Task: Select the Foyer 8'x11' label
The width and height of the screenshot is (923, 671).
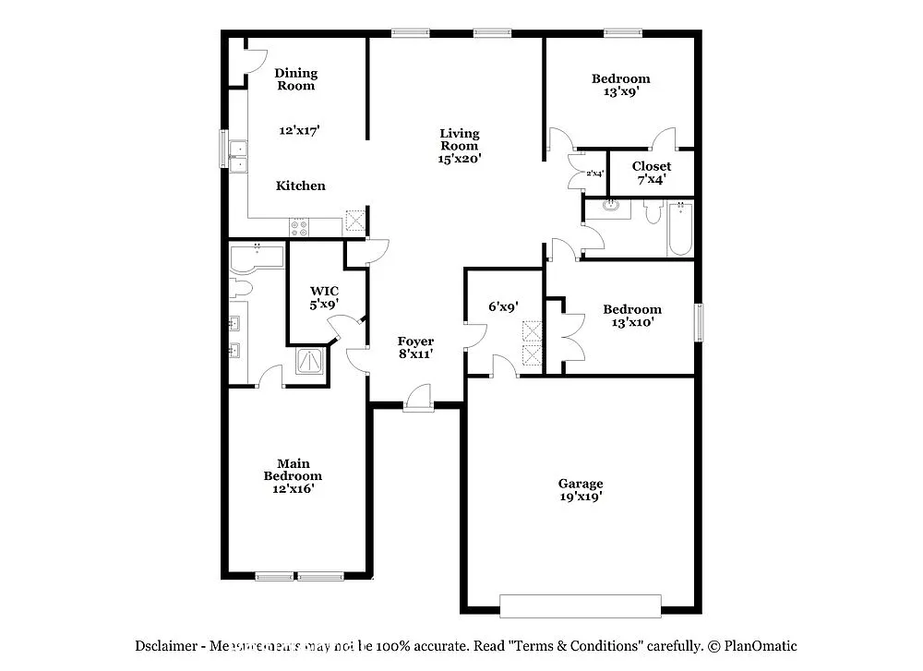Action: (x=415, y=347)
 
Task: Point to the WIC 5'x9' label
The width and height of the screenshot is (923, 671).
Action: (x=323, y=296)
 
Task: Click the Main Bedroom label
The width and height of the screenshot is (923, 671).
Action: (x=293, y=476)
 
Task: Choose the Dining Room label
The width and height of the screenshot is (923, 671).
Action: (x=295, y=79)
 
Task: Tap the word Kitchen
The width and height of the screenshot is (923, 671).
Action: (x=301, y=186)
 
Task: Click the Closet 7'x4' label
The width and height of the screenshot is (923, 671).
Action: (x=651, y=173)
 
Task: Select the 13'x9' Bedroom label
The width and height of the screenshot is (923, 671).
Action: (x=620, y=85)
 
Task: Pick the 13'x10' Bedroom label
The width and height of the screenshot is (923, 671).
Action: (x=632, y=316)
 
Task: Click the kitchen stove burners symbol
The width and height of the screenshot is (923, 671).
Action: (x=300, y=225)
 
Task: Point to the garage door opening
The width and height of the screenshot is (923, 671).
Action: (x=581, y=605)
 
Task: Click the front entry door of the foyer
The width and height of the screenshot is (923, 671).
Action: (x=418, y=401)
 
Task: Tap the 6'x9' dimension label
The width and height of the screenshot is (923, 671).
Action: (x=503, y=306)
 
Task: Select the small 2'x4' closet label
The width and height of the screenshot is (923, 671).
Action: (x=594, y=174)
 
